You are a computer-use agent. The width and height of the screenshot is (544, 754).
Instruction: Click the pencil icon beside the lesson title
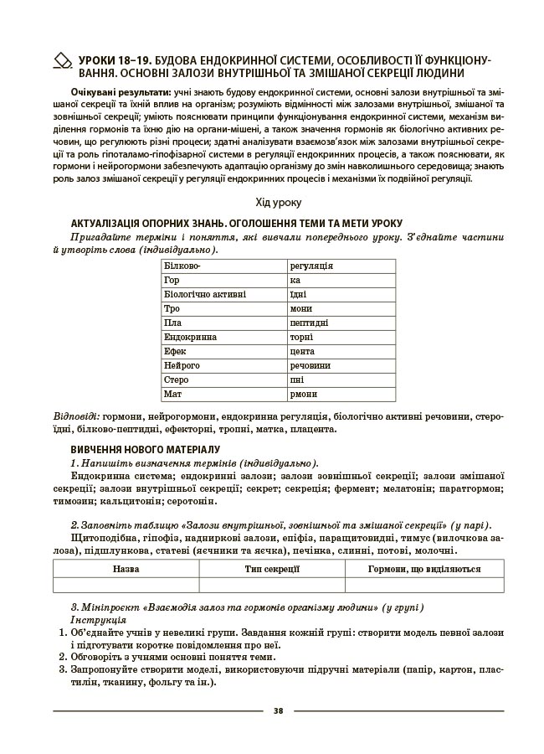(63, 60)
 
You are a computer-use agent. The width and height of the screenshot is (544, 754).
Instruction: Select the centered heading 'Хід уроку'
(278, 203)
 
